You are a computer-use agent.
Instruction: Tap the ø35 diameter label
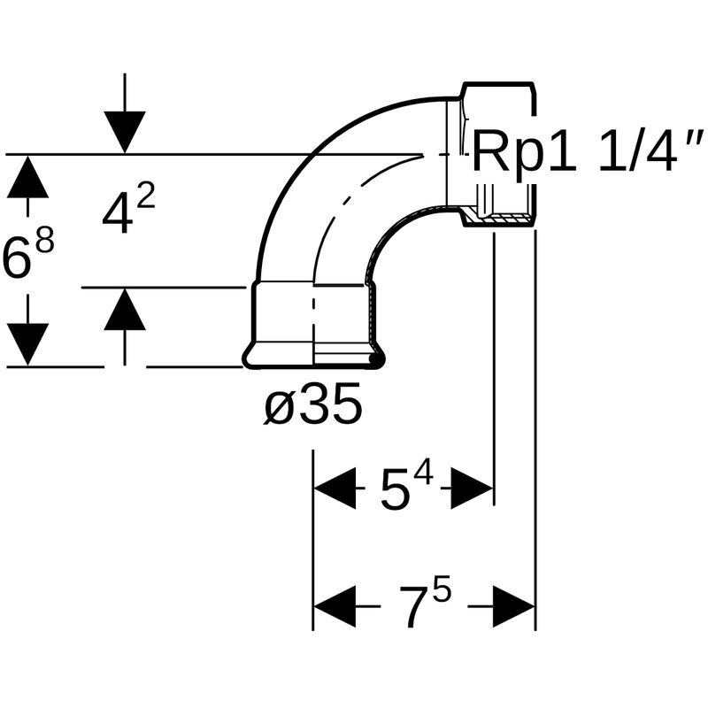coord(313,407)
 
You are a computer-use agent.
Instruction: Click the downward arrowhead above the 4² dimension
coord(124,133)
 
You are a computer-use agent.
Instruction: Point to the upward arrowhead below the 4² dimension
coord(124,310)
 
